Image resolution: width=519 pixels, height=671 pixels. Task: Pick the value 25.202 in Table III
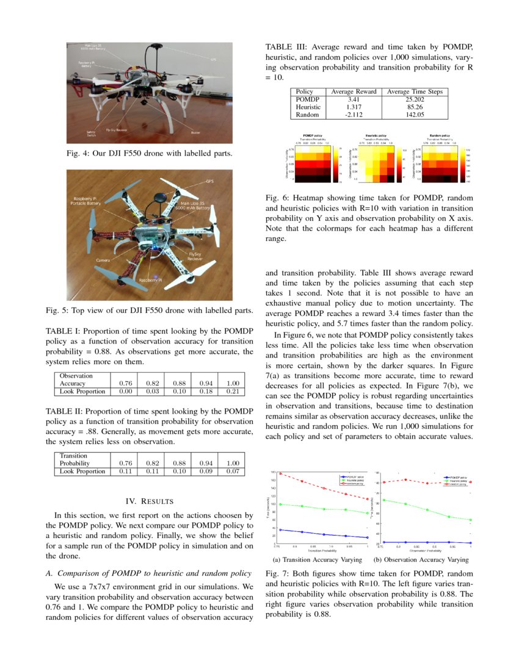pyautogui.click(x=415, y=99)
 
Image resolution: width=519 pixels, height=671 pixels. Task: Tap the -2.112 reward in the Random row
pyautogui.click(x=353, y=114)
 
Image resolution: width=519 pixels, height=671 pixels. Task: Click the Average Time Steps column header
pyautogui.click(x=415, y=91)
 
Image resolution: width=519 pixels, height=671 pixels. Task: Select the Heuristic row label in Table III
pyautogui.click(x=308, y=107)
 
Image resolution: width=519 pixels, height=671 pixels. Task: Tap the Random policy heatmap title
pyautogui.click(x=439, y=135)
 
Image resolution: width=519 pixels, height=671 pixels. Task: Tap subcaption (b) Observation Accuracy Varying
pyautogui.click(x=421, y=559)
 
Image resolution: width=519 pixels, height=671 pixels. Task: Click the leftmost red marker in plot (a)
pyautogui.click(x=280, y=473)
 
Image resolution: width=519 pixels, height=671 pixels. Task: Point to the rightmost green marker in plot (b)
pyautogui.click(x=470, y=520)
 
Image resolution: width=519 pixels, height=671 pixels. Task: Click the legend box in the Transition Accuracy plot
pyautogui.click(x=354, y=479)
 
